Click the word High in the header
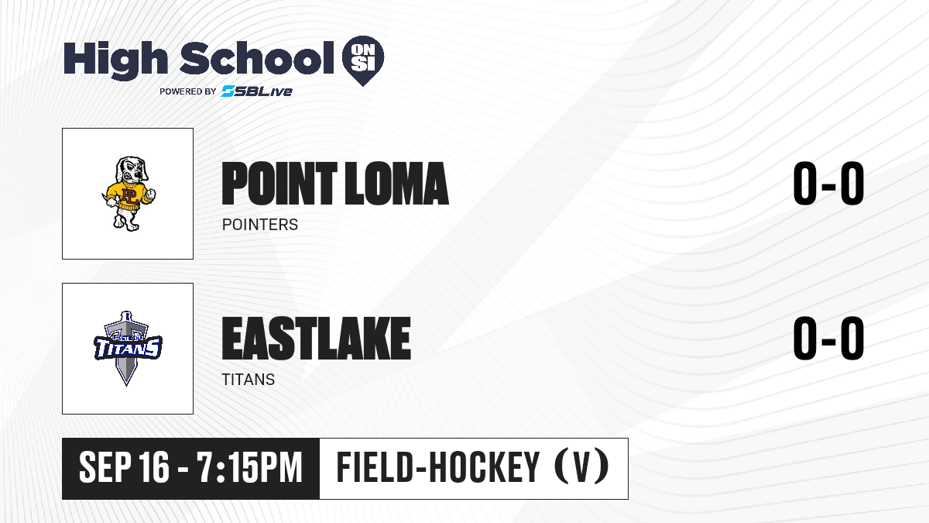point(115,60)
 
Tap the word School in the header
point(257,58)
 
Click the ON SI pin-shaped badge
point(363,60)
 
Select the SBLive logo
point(256,91)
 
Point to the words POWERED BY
point(188,91)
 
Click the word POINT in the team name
point(279,184)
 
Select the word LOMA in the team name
point(397,184)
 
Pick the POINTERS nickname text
point(260,225)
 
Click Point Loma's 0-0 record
point(828,183)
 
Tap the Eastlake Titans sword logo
point(127,348)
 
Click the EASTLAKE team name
point(317,339)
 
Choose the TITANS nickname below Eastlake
point(249,380)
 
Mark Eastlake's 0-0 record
point(828,338)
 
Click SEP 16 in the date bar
point(124,468)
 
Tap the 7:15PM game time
point(249,468)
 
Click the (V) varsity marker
point(581,467)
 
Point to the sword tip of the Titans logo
point(126,386)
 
